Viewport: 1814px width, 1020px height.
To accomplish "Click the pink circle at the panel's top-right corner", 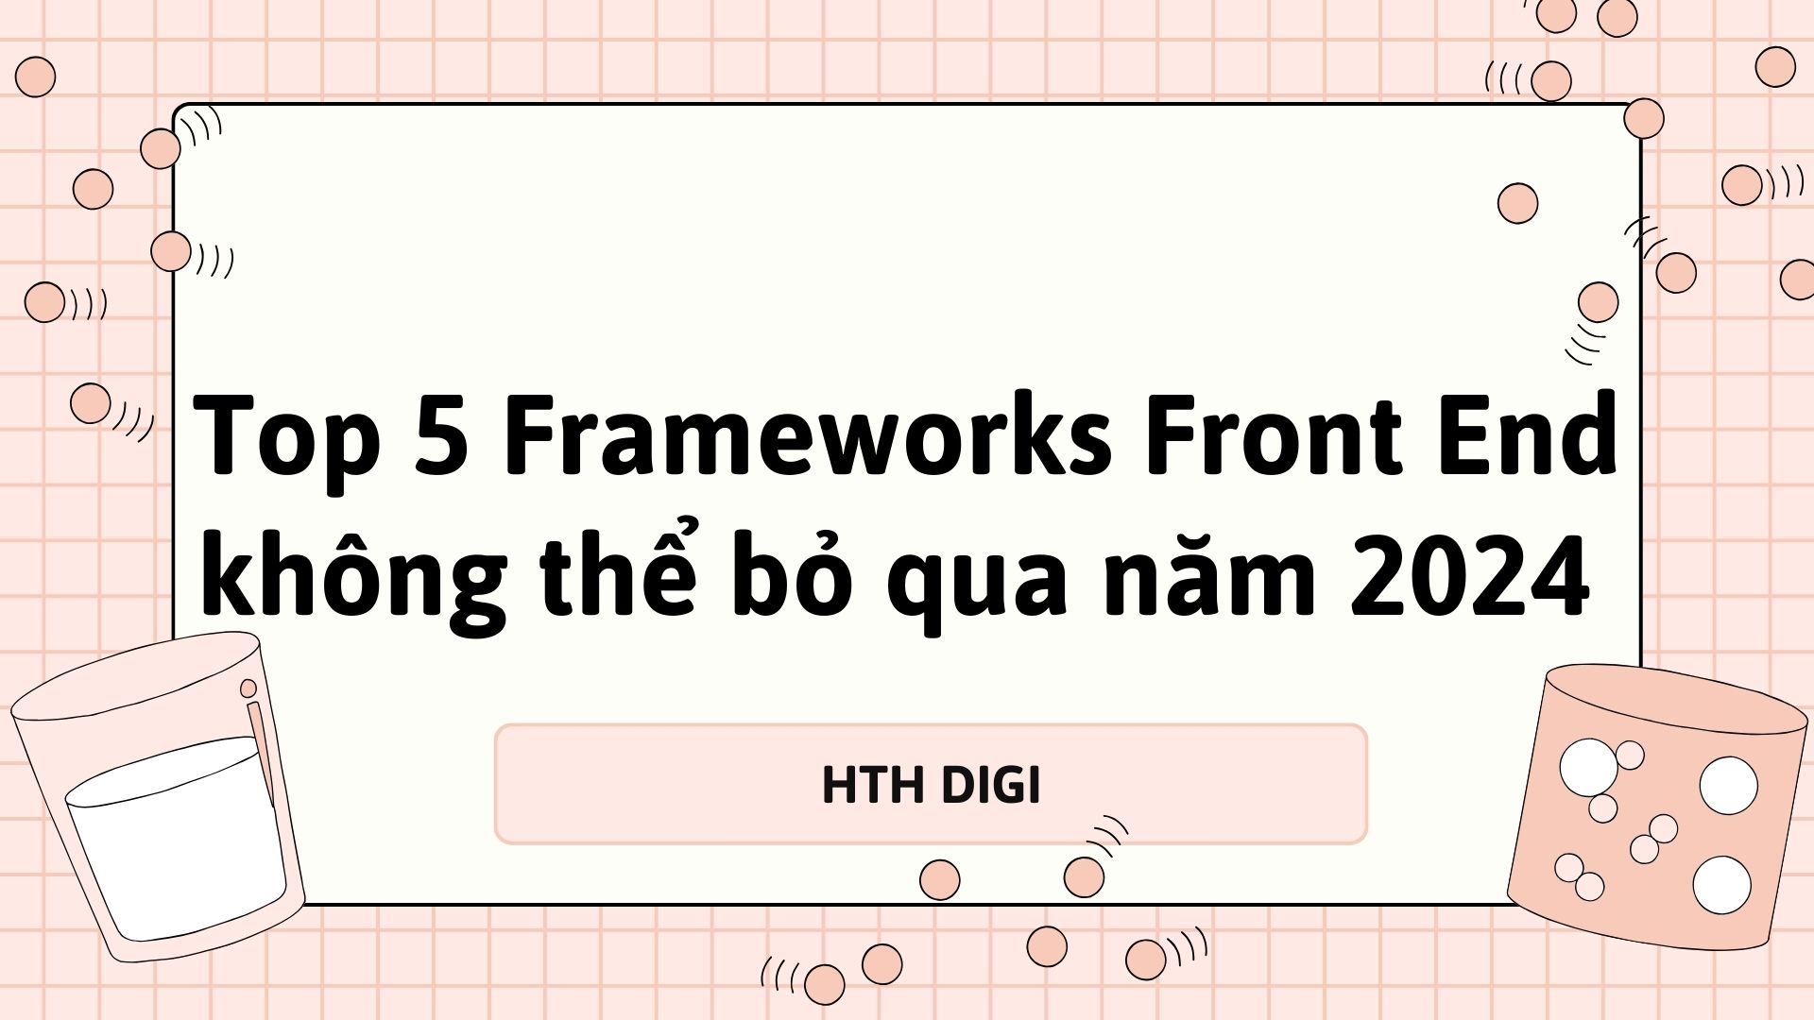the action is click(x=1644, y=119).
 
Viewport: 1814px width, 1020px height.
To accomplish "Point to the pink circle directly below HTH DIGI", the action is click(x=939, y=879).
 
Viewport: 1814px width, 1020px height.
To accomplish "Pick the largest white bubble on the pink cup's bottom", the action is click(x=1721, y=885).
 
